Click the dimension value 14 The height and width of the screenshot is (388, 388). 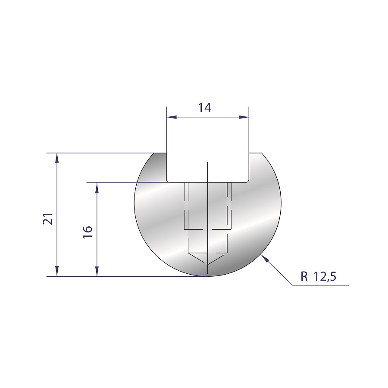coord(205,108)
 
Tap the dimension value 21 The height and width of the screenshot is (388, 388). coord(48,219)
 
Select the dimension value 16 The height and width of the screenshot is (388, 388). coord(88,232)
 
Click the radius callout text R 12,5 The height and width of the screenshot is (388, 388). coord(319,276)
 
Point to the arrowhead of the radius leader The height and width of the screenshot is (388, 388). coord(265,258)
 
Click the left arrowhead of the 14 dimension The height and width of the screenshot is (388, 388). coord(172,117)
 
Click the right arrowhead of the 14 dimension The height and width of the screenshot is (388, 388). coord(244,117)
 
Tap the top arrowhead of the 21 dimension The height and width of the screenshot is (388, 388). coord(57,158)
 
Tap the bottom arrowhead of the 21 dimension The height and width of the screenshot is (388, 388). coord(57,271)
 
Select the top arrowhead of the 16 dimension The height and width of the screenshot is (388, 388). coord(97,188)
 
